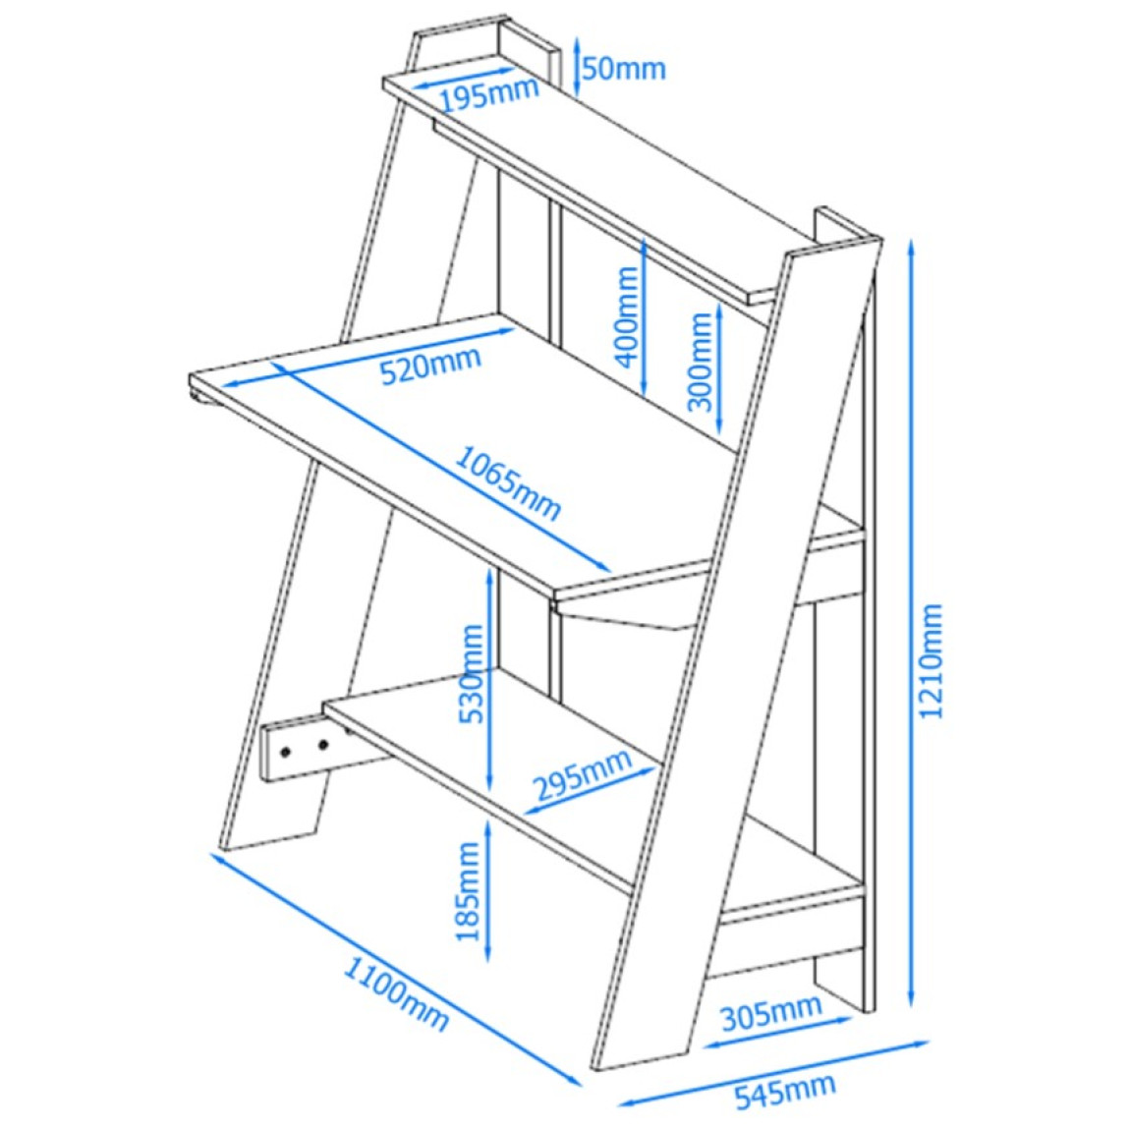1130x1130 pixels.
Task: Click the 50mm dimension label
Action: point(624,69)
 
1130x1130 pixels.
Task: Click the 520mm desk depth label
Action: point(430,366)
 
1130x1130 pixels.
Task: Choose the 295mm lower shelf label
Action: point(583,774)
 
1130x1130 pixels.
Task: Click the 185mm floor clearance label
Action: point(469,891)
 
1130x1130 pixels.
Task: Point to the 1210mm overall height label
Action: point(931,661)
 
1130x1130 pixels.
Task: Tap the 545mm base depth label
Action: point(785,1092)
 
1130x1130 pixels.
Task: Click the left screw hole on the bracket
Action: point(287,753)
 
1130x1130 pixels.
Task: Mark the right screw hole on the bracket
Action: point(323,744)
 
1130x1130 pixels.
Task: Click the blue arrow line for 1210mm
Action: point(913,624)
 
